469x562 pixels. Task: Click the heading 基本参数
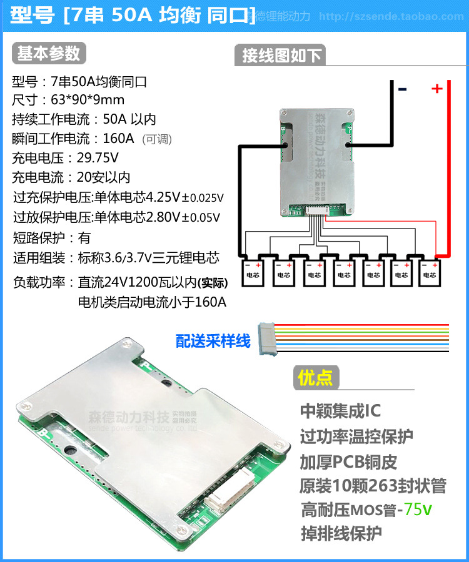click(48, 54)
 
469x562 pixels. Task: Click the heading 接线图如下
click(281, 56)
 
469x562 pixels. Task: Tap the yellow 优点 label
click(316, 378)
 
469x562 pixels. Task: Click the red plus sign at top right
click(436, 89)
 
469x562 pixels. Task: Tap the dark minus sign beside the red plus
click(402, 89)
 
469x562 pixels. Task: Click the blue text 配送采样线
click(213, 341)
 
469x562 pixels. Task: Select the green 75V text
click(417, 510)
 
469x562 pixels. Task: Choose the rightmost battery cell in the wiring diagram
click(428, 270)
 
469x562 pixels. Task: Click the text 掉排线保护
click(341, 534)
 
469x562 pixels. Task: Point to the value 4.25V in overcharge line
click(163, 198)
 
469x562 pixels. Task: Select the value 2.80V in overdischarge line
click(163, 217)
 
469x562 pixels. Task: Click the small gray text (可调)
click(157, 139)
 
